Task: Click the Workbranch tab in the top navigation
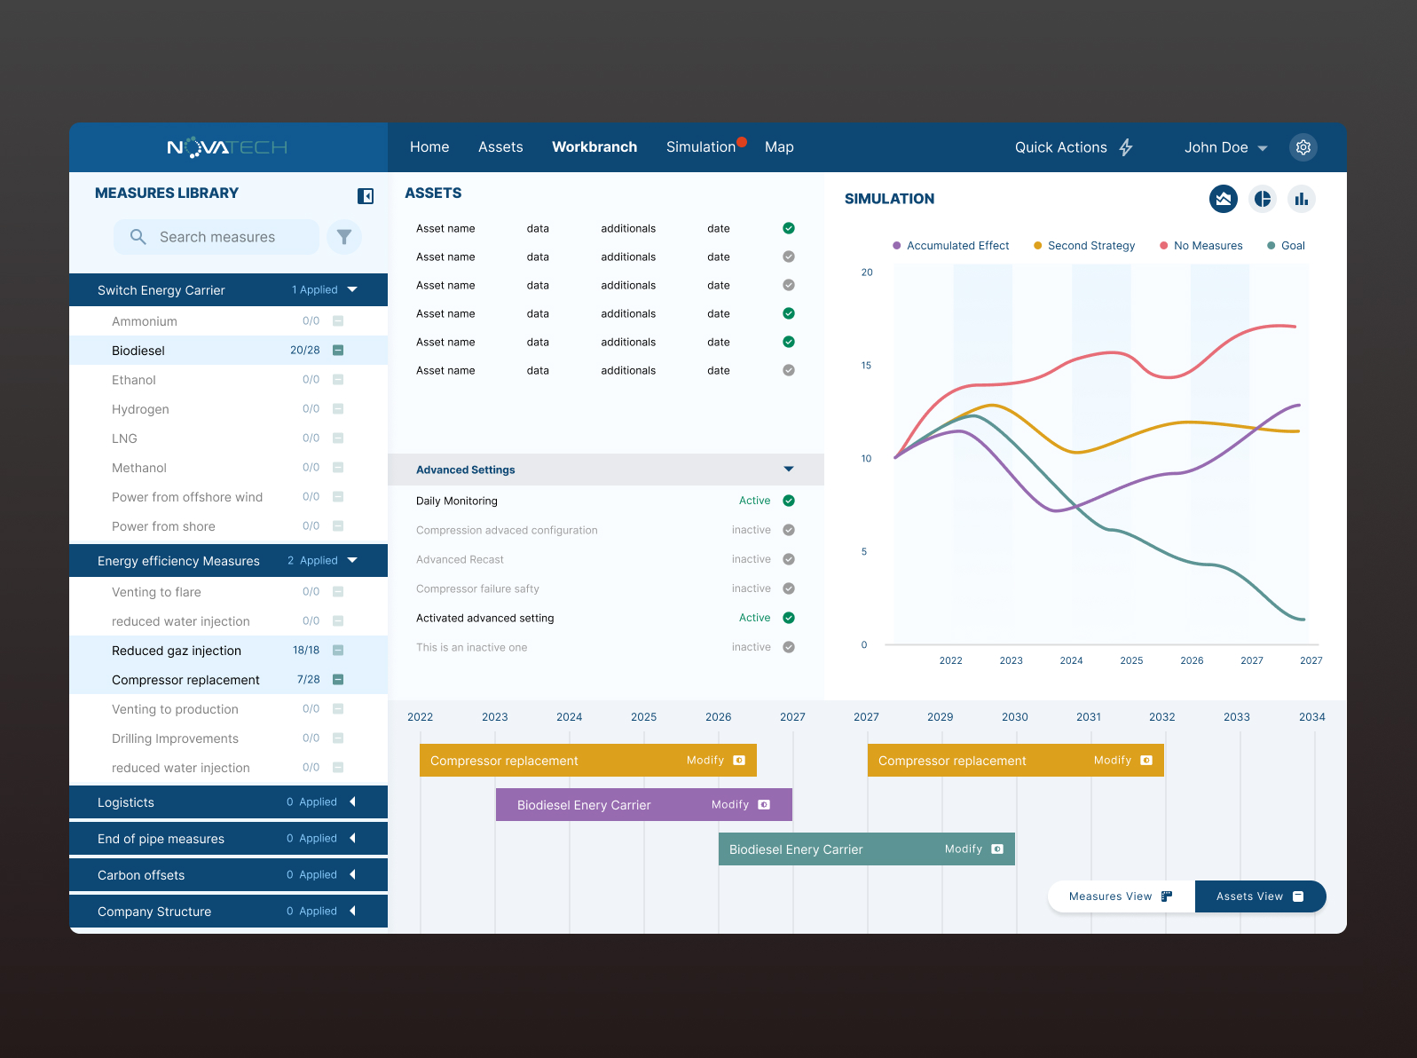594,147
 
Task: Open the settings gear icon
1303,147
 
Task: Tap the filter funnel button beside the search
344,237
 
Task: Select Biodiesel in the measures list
138,351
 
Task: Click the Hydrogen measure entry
140,409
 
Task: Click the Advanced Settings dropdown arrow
789,470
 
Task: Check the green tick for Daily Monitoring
789,501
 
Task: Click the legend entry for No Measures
1207,246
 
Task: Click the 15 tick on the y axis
866,366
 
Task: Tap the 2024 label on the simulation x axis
1071,660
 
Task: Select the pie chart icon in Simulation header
1263,199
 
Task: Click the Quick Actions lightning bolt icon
1126,147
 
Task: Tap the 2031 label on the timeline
1089,717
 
